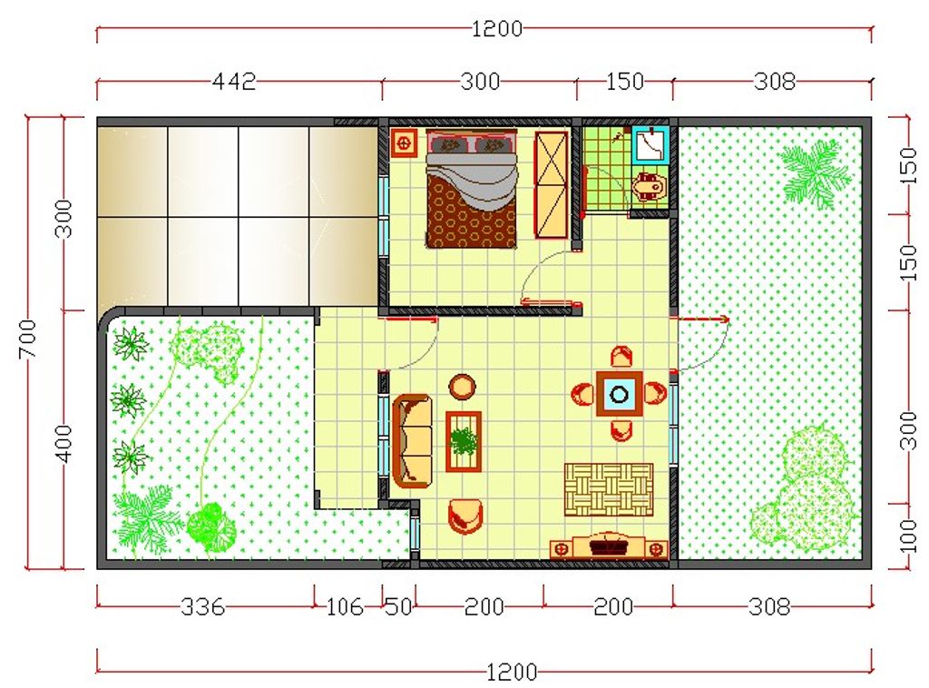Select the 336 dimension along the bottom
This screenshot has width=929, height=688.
(202, 606)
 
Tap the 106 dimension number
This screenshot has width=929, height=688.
(344, 606)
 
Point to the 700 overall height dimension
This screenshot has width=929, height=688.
(27, 339)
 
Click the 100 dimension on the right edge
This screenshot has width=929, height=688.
(907, 536)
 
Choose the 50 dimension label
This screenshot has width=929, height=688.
(398, 606)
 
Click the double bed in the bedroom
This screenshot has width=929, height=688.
(472, 189)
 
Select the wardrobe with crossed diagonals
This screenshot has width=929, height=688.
(551, 185)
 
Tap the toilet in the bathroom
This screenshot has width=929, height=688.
(650, 186)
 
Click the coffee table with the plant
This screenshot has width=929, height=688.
(464, 441)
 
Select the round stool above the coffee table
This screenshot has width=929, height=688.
(462, 388)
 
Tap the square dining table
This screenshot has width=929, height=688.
(620, 394)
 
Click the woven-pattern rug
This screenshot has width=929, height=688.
(609, 489)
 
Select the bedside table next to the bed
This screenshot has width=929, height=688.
(406, 143)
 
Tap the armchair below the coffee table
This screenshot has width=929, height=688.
(465, 516)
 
